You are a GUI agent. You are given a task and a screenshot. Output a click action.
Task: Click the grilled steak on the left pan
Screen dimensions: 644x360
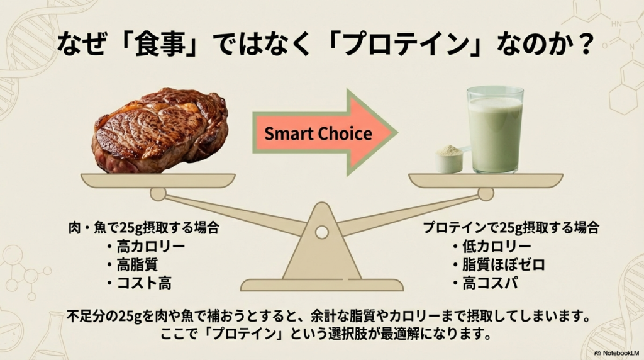click(160, 131)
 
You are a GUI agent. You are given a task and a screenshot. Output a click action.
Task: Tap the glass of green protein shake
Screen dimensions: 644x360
click(495, 130)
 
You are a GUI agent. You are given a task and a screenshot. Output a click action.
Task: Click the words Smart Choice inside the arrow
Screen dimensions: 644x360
click(318, 133)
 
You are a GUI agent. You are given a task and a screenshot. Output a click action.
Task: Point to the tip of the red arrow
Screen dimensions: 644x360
click(397, 132)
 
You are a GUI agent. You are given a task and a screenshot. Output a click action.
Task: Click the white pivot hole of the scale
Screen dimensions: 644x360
click(321, 232)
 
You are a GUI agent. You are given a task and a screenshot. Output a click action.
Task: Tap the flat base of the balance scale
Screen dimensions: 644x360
click(321, 285)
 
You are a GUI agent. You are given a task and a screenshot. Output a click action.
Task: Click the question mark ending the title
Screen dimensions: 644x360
click(583, 45)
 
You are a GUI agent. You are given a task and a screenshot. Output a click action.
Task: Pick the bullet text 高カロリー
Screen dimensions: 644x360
click(151, 247)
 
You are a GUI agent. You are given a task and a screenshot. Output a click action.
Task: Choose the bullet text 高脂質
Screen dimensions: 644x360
click(137, 265)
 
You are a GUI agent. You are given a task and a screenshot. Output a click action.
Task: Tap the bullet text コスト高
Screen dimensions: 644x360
click(144, 283)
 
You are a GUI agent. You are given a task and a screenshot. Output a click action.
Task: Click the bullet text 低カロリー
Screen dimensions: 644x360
click(497, 247)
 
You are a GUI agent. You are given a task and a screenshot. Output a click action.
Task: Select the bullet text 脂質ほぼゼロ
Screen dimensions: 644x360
click(504, 265)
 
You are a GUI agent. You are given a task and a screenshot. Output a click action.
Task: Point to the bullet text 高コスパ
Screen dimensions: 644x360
click(490, 283)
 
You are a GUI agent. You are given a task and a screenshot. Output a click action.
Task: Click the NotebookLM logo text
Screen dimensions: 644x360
click(621, 353)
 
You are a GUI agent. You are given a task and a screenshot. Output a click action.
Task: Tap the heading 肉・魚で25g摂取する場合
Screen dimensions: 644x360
click(144, 228)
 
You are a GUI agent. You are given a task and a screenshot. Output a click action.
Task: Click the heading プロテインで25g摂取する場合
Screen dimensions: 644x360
click(511, 228)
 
